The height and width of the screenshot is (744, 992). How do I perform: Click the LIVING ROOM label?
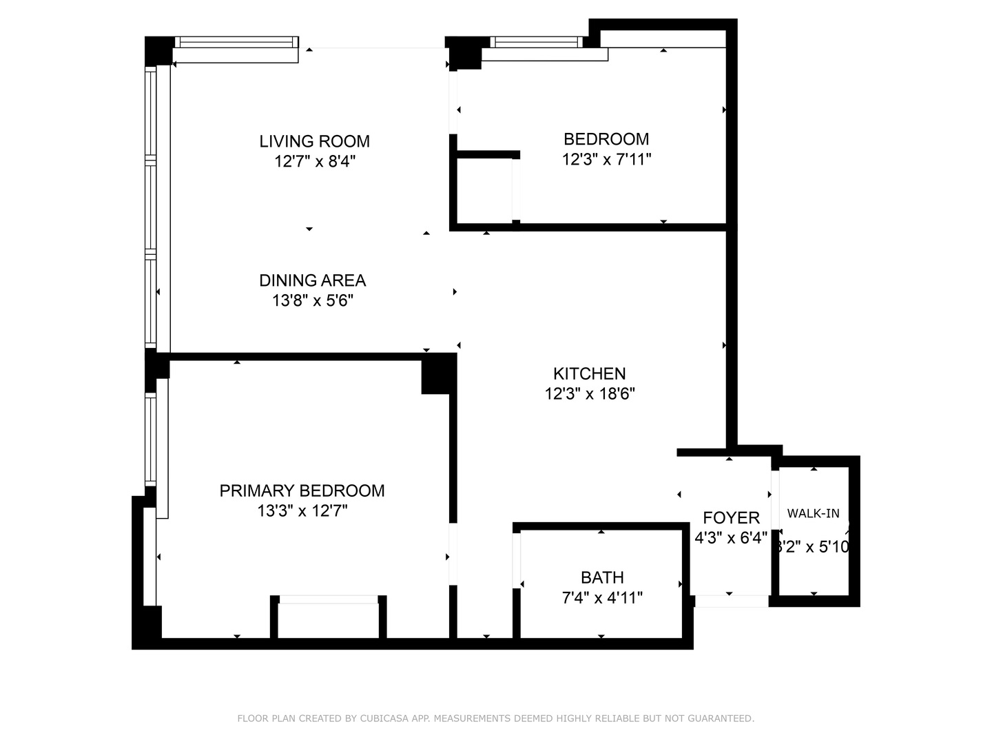[314, 141]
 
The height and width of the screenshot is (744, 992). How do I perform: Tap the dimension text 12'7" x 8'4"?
[314, 162]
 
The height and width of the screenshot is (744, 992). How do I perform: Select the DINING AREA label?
[312, 280]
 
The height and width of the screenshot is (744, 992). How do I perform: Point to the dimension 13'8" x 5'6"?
[312, 301]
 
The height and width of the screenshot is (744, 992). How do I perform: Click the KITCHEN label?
[590, 373]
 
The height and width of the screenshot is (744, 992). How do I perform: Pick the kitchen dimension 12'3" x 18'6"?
[590, 394]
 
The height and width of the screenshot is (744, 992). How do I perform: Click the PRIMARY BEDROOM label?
[302, 490]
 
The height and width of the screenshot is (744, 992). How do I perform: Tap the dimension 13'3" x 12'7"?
[302, 511]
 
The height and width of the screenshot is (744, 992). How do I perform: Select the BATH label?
[602, 577]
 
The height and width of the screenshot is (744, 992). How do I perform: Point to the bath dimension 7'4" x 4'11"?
[602, 598]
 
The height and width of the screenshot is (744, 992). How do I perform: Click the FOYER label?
[731, 518]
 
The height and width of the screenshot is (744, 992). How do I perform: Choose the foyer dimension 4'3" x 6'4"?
[731, 538]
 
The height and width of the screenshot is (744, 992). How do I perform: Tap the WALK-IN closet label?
[814, 513]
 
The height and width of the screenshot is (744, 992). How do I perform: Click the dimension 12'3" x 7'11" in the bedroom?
[606, 160]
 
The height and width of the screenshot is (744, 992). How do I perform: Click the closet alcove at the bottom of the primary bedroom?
[329, 620]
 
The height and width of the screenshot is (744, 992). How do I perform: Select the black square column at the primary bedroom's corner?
[436, 375]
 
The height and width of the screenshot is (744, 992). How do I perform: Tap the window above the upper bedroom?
[537, 42]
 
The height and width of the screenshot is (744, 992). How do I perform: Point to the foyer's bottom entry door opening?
[731, 601]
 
